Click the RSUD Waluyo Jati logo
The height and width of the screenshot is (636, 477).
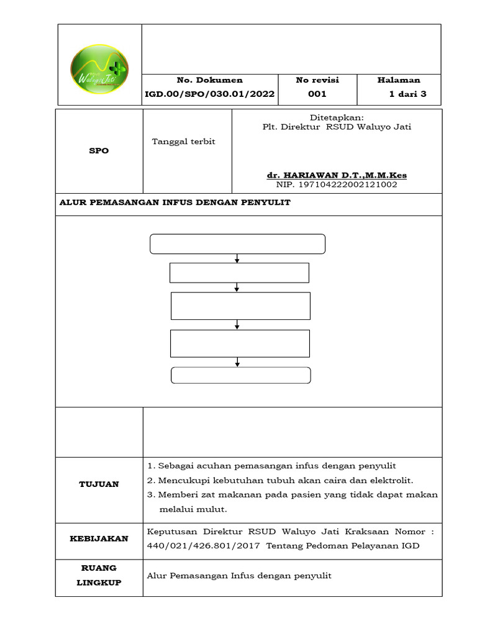pos(99,65)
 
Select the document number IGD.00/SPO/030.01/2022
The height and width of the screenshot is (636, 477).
pos(210,94)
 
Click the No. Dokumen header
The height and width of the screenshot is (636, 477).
pos(210,80)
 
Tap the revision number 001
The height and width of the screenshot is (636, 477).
pos(317,94)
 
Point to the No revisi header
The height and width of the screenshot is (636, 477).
pos(317,80)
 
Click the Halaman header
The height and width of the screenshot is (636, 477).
pos(399,80)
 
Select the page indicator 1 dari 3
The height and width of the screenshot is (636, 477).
pos(407,94)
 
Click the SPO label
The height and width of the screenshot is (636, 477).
pos(99,151)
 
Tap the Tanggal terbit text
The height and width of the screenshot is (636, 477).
pos(183,142)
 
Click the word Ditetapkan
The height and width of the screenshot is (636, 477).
pos(337,117)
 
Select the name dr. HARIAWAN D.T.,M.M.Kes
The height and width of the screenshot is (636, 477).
pos(337,175)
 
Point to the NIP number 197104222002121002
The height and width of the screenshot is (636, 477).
pos(337,184)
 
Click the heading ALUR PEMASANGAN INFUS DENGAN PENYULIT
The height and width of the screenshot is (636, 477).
pos(175,203)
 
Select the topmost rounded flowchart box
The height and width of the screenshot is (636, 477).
pos(238,244)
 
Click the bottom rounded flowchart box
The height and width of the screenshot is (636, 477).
pos(241,375)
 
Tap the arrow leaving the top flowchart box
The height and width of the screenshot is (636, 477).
pos(237,258)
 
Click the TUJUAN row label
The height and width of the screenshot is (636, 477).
pos(99,484)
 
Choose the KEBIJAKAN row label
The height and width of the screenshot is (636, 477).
pos(99,538)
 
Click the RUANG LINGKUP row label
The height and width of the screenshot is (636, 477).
pos(99,576)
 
